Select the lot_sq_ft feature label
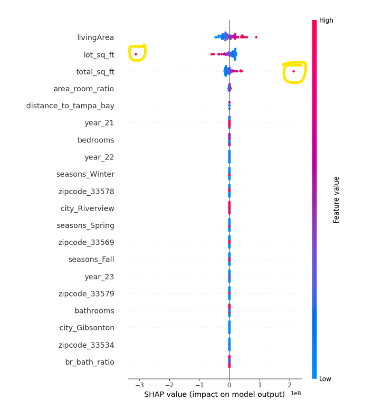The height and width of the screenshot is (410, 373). coord(99,54)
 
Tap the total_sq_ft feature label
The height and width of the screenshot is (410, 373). coord(95,72)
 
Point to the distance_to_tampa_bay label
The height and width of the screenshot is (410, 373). coord(70,106)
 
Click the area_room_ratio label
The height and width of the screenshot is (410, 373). coord(84,89)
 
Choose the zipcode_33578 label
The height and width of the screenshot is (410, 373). coord(86,191)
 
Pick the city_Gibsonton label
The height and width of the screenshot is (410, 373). coord(87,328)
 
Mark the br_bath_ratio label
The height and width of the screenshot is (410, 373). coord(89,362)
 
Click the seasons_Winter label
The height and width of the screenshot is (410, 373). coord(85,174)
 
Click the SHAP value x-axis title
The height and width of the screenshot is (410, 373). coord(214,395)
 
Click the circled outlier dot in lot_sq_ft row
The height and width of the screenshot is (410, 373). coord(136,54)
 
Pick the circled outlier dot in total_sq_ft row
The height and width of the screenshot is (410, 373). coord(293,71)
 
